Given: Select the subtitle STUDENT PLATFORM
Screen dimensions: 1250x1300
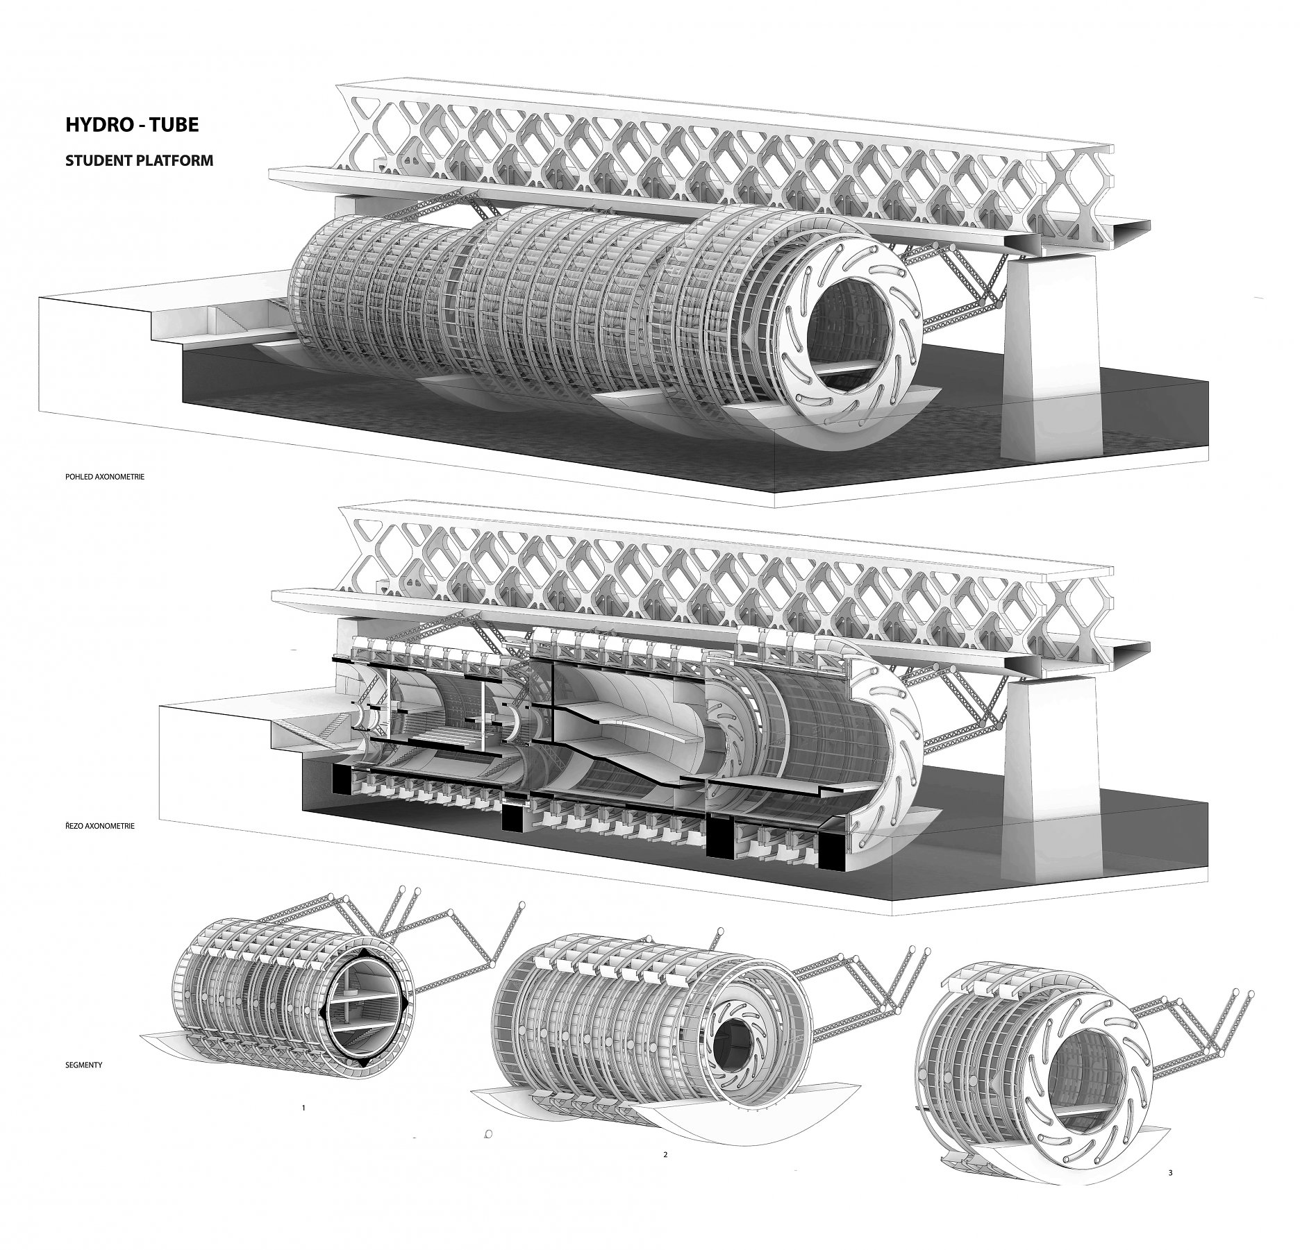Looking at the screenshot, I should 139,160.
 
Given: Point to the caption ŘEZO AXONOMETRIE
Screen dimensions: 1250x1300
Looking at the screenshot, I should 99,827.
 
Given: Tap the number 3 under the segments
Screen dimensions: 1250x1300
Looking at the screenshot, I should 1170,1192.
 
